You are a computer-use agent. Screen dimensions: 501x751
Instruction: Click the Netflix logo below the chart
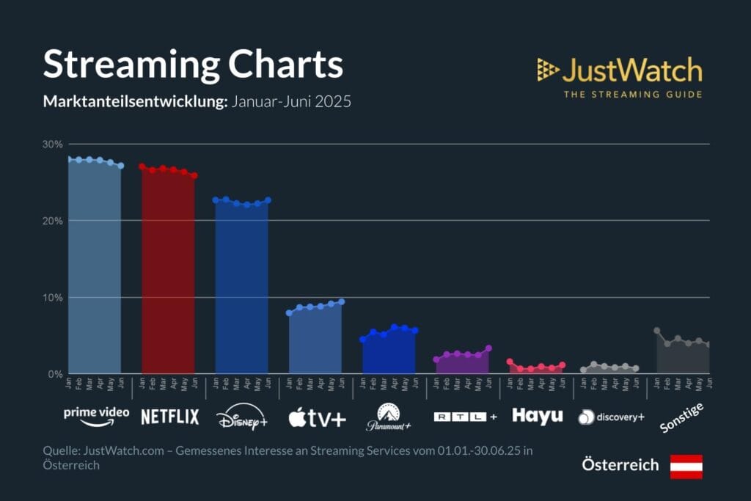(x=169, y=417)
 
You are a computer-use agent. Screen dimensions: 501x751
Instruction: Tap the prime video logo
(x=96, y=415)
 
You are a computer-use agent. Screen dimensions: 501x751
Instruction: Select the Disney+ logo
(x=242, y=418)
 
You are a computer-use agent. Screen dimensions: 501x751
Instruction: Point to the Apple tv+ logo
(x=317, y=418)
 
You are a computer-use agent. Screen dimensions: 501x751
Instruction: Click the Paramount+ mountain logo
(x=389, y=416)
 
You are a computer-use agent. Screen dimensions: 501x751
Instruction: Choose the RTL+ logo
(x=465, y=417)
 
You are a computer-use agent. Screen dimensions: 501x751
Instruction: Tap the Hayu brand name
(x=537, y=415)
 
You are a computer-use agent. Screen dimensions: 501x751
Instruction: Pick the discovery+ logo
(x=611, y=417)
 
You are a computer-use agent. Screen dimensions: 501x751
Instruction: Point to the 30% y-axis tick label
(x=53, y=144)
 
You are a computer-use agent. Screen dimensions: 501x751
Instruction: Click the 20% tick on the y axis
(x=53, y=221)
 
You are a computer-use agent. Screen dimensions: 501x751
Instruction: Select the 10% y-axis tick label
(x=53, y=297)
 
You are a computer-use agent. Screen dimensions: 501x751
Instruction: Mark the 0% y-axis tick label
(x=56, y=374)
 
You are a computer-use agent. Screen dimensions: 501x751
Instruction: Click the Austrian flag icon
(x=686, y=466)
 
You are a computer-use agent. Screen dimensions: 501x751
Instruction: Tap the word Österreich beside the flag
(x=620, y=465)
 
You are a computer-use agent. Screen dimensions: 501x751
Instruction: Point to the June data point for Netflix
(x=194, y=176)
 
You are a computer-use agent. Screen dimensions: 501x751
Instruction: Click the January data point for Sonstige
(x=657, y=331)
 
